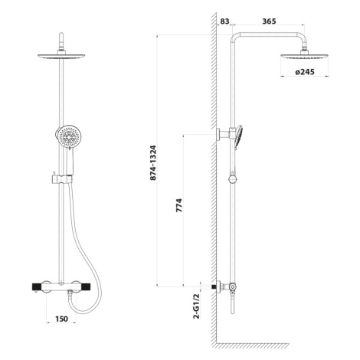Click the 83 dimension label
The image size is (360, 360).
[x=224, y=21]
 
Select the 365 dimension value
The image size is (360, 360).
[x=269, y=21]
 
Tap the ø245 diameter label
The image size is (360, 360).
[x=305, y=72]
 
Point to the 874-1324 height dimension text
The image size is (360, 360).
[x=153, y=163]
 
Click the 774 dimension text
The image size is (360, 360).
[x=179, y=205]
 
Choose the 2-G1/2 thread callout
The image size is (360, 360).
[x=196, y=306]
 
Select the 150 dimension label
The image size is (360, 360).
[x=61, y=319]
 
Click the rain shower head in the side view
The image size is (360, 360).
[x=304, y=57]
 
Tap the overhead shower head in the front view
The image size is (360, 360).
[x=61, y=56]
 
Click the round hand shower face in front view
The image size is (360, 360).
[x=68, y=136]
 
